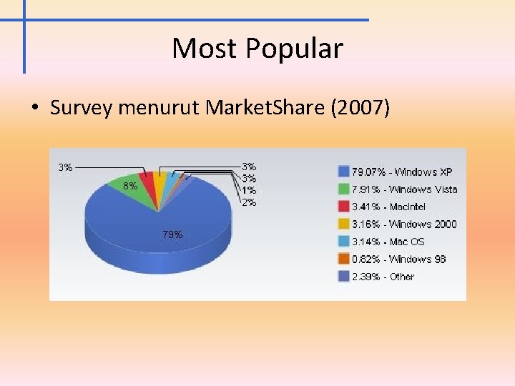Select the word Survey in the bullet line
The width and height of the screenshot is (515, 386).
pyautogui.click(x=82, y=108)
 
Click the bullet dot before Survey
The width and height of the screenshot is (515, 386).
pyautogui.click(x=34, y=109)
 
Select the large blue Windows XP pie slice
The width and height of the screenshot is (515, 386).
pyautogui.click(x=157, y=229)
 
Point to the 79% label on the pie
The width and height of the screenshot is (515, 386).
pyautogui.click(x=172, y=234)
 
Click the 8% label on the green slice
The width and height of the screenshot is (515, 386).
pyautogui.click(x=129, y=186)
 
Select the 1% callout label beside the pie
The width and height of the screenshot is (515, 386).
pyautogui.click(x=248, y=190)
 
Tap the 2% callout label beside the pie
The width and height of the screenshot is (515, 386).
pyautogui.click(x=248, y=202)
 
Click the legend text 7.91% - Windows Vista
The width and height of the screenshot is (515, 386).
pyautogui.click(x=404, y=189)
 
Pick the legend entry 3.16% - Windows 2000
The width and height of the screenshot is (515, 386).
pyautogui.click(x=403, y=224)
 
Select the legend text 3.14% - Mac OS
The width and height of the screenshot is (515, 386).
pyautogui.click(x=388, y=242)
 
